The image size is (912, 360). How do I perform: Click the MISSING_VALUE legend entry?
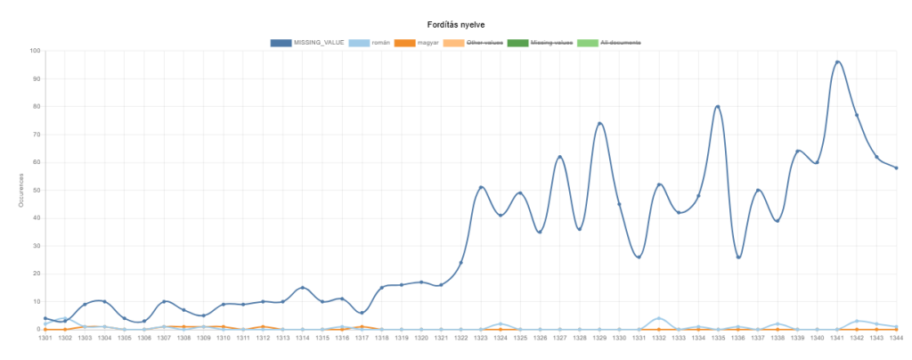click(306, 43)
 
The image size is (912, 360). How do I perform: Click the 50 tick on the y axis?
click(35, 190)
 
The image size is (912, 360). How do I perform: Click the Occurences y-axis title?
click(20, 190)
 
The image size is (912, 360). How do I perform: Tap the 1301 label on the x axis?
click(45, 338)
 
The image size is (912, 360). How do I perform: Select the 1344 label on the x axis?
click(896, 338)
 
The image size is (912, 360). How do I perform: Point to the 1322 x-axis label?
click(460, 338)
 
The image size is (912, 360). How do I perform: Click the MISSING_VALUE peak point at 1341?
click(837, 62)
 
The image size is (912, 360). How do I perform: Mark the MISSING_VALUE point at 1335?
click(718, 107)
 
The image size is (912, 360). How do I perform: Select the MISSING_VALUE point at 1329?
click(599, 124)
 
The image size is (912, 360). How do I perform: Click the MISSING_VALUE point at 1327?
click(559, 157)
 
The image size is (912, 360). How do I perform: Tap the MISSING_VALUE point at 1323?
click(481, 187)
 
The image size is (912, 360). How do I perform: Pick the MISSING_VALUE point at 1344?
click(896, 168)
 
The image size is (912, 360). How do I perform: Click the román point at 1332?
click(659, 318)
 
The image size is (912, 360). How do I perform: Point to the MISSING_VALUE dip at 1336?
click(738, 257)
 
